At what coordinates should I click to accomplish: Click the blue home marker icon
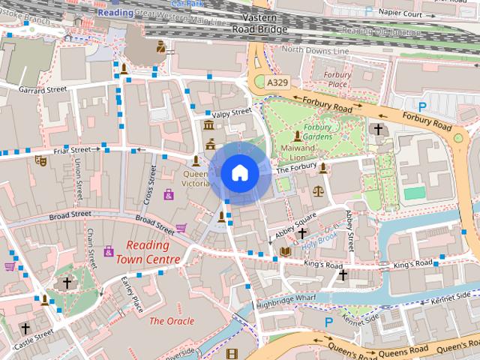[x=239, y=173]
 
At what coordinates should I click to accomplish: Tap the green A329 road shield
[x=277, y=82]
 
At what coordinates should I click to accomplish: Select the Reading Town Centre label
[x=148, y=253]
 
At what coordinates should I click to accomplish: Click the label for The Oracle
[x=172, y=321]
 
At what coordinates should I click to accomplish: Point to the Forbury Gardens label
[x=318, y=132]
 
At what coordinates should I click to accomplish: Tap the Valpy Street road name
[x=231, y=113]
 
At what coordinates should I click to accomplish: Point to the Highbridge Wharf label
[x=286, y=298]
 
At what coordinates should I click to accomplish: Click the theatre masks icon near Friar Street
[x=40, y=159]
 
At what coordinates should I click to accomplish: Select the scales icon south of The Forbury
[x=318, y=191]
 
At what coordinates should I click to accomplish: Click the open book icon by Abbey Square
[x=285, y=250]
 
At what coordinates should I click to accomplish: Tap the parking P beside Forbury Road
[x=422, y=107]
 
